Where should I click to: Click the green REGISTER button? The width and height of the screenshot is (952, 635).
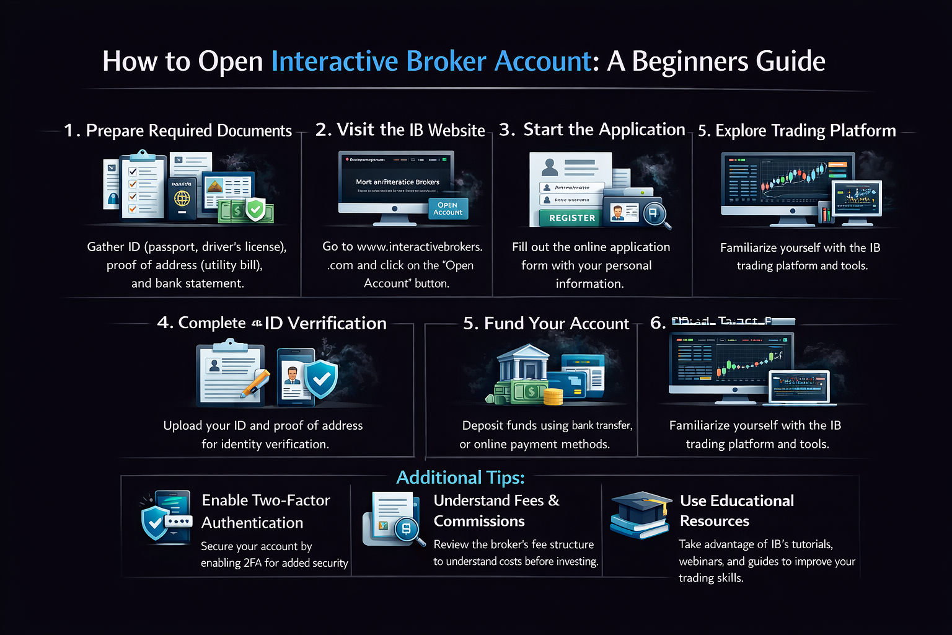tap(571, 218)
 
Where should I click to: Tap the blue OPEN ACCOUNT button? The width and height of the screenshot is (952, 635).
tap(447, 209)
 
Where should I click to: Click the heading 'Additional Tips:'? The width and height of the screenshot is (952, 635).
tap(460, 477)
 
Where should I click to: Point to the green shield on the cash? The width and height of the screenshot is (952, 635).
tap(255, 210)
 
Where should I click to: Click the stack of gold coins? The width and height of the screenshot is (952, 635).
tap(553, 396)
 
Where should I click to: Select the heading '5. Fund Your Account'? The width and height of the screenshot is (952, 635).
tap(546, 323)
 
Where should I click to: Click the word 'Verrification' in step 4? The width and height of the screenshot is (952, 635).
tap(337, 323)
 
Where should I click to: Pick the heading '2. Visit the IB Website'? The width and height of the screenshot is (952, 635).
tap(400, 130)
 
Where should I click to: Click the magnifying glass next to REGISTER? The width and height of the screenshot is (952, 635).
tap(654, 215)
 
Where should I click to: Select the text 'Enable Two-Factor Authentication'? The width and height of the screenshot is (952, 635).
tap(266, 511)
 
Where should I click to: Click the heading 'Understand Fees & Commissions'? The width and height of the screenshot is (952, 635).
tap(496, 510)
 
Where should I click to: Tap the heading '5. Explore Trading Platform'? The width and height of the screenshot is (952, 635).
tap(796, 130)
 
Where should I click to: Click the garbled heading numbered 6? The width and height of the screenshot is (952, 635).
tap(723, 322)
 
